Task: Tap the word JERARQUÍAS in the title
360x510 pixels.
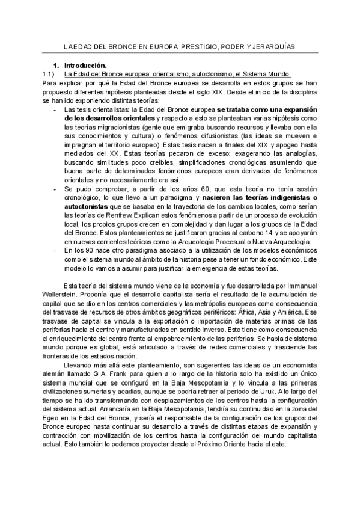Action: (x=275, y=46)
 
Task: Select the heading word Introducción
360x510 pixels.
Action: (x=85, y=64)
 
